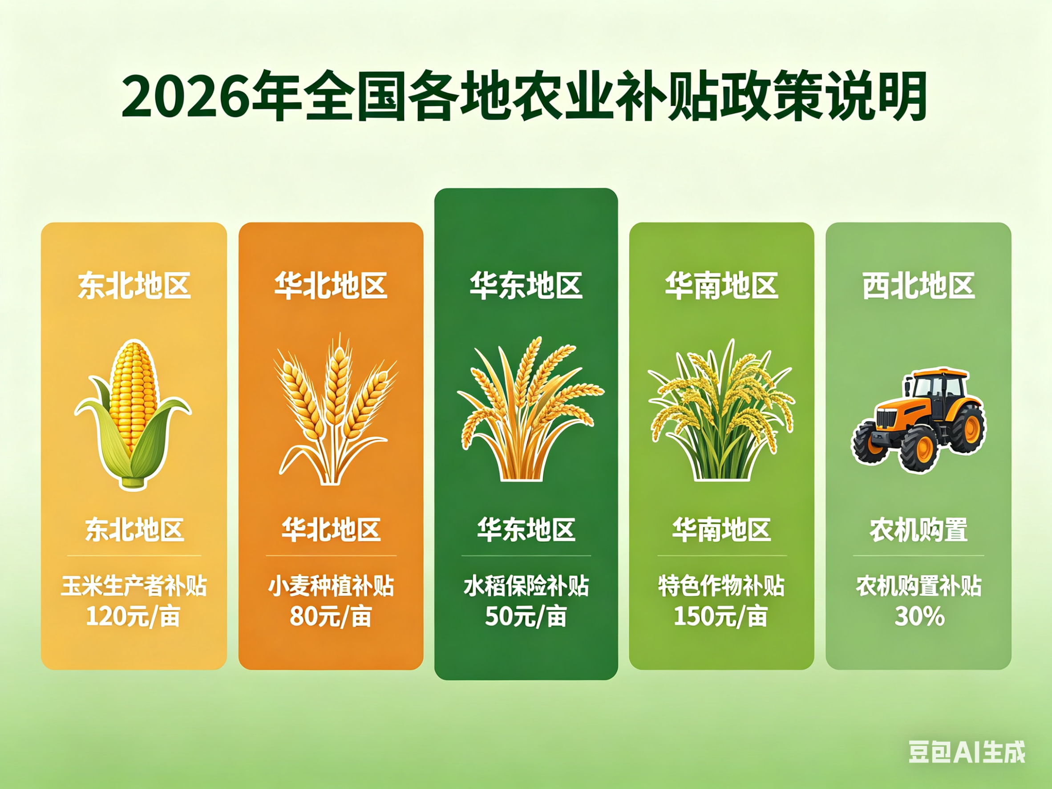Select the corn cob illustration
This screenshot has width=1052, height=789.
133,414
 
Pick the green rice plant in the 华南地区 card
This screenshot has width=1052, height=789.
721,409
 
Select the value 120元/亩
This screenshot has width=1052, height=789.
133,616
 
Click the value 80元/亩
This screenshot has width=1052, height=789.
331,616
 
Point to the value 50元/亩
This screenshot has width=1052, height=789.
526,616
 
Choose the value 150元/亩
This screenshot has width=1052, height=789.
721,616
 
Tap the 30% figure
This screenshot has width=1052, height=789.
919,616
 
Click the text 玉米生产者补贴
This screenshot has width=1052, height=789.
134,586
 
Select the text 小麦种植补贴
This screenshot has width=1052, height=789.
331,586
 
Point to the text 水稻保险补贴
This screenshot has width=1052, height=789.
526,586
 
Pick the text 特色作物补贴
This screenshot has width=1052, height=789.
721,586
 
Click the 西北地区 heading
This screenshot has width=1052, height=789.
919,286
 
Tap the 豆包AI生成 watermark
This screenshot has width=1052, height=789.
967,752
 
